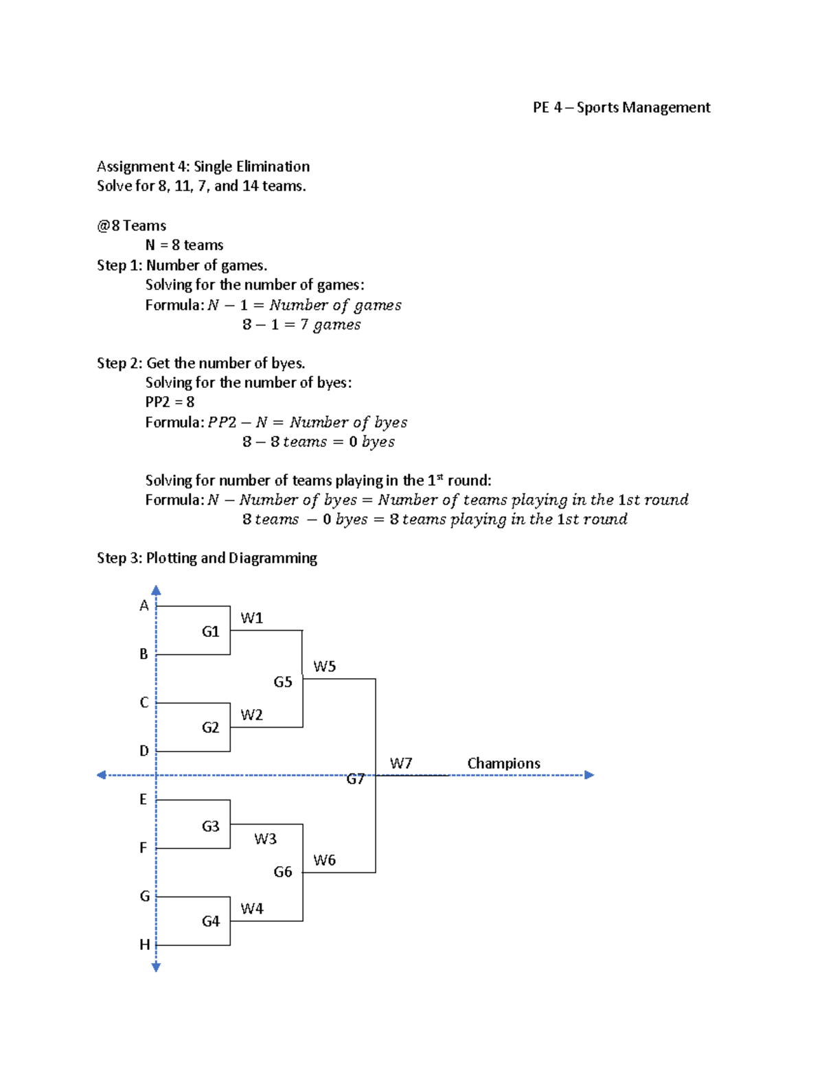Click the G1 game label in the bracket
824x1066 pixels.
(x=210, y=632)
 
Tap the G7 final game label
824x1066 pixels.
(x=355, y=779)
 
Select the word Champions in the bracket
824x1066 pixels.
(x=503, y=763)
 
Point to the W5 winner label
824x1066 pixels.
(x=324, y=667)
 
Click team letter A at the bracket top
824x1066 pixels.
(x=144, y=605)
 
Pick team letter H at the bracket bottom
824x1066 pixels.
(x=144, y=945)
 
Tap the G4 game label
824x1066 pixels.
(x=210, y=921)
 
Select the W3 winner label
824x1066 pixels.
(x=265, y=839)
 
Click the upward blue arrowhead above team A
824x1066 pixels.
(x=156, y=590)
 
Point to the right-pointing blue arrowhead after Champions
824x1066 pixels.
(x=588, y=775)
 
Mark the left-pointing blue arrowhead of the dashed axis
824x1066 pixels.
(x=102, y=775)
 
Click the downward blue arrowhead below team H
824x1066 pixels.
(x=156, y=967)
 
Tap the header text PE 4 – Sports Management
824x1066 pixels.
(x=621, y=108)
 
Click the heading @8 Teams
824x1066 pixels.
(x=131, y=226)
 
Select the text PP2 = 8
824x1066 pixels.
(x=170, y=402)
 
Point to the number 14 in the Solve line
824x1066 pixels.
(x=250, y=186)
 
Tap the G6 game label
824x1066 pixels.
(x=283, y=872)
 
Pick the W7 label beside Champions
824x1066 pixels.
(x=400, y=763)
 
